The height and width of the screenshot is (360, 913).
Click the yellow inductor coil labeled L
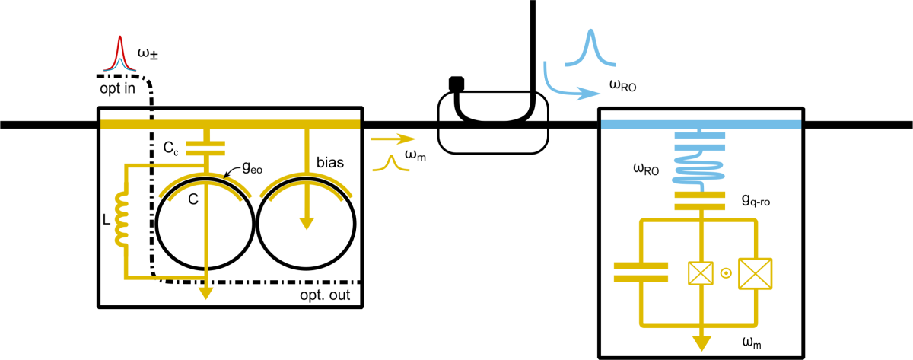coord(121,219)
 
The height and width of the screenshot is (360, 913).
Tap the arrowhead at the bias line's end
coord(307,221)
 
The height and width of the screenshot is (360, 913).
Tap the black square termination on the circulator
coord(456,81)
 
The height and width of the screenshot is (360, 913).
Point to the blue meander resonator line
coord(701,164)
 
